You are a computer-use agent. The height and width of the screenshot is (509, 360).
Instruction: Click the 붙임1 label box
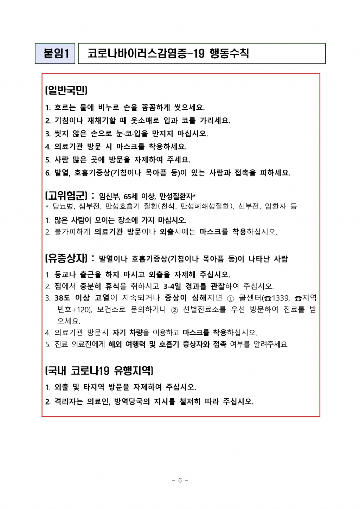click(55, 53)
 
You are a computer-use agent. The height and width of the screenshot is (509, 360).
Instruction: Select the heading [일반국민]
click(66, 91)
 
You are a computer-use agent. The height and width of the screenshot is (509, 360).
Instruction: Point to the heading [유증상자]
click(66, 258)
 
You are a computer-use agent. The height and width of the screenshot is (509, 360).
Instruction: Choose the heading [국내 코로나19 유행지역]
click(99, 371)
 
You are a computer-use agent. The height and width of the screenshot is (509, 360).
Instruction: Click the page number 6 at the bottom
click(180, 481)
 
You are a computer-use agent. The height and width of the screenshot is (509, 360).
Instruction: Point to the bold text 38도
click(63, 298)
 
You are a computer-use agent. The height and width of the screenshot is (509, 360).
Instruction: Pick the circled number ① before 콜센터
click(231, 298)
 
